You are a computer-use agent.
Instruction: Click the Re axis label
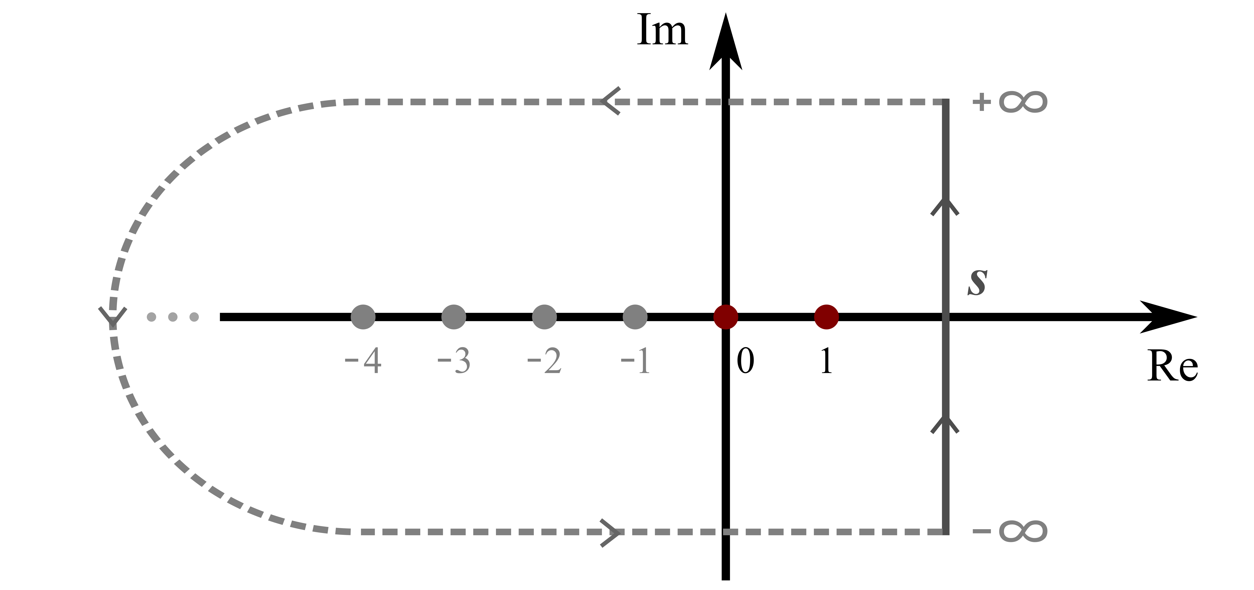click(1172, 366)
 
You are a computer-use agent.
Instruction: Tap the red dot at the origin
click(725, 317)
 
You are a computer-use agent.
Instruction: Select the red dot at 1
click(826, 317)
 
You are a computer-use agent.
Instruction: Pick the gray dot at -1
click(635, 317)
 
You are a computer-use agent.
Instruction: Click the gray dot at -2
click(544, 317)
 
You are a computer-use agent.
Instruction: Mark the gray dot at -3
click(454, 317)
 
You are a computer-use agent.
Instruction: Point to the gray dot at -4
click(363, 317)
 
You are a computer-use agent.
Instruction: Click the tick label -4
click(363, 361)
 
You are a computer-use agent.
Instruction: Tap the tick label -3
click(454, 361)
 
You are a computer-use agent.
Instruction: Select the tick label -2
click(544, 361)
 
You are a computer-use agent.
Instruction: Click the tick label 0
click(745, 361)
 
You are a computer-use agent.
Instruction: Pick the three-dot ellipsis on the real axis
click(173, 317)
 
